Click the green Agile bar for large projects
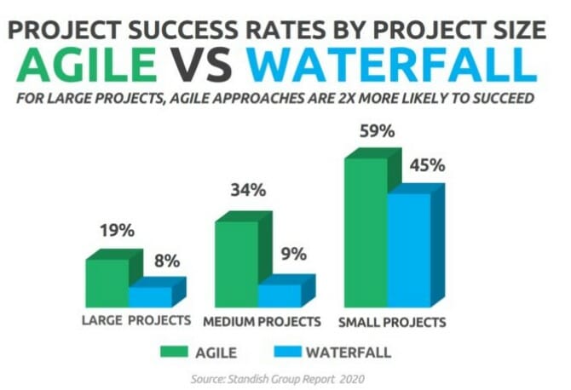107,283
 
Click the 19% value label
118,230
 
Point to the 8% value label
167,261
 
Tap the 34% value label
248,190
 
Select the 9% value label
294,254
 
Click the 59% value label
378,131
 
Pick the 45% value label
428,165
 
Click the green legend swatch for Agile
175,352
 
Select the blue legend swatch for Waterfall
288,352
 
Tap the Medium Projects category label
262,322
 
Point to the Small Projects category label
392,322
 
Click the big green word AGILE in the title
87,65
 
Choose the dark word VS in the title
200,65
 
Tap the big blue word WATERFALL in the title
392,65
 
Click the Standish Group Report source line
278,379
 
